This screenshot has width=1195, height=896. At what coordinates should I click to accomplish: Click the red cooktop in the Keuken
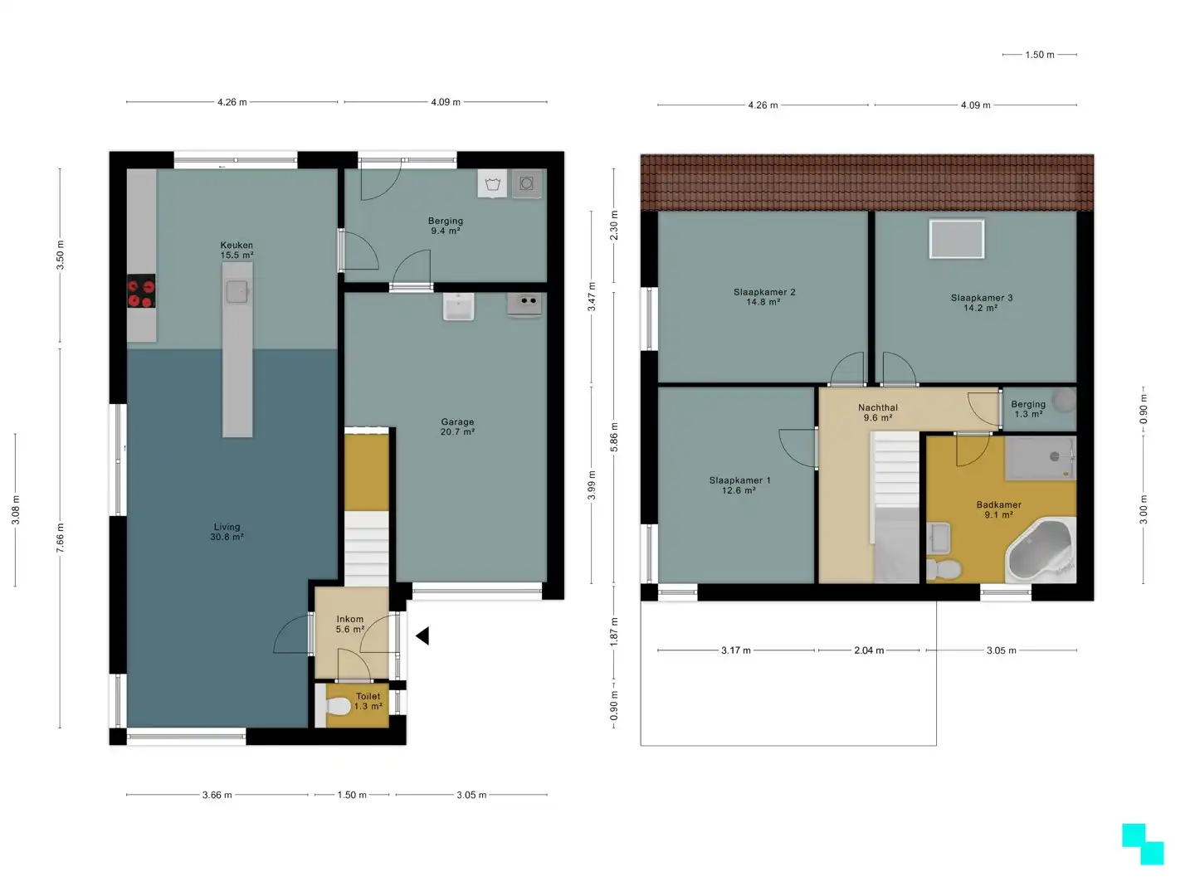(141, 291)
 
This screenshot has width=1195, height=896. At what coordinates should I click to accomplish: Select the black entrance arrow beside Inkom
(422, 635)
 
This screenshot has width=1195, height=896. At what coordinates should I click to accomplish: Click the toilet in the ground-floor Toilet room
(338, 706)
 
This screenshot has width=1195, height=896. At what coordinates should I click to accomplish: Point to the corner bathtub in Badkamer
(1041, 551)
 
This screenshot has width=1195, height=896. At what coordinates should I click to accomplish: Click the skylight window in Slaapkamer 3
(957, 239)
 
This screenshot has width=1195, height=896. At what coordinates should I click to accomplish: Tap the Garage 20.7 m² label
(457, 426)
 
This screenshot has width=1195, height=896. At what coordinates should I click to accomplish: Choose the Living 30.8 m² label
(227, 532)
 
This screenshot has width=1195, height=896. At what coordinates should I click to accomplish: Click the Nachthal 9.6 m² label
(878, 412)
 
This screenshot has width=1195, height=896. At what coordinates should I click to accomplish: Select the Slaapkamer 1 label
(739, 480)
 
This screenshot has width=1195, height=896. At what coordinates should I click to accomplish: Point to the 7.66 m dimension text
(60, 538)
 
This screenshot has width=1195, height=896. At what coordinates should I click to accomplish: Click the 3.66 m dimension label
(217, 795)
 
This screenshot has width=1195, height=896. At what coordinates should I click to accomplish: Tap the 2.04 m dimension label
(869, 650)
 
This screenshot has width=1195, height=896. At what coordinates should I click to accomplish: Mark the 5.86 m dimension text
(613, 437)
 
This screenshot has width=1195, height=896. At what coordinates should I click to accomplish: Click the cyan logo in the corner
(1143, 844)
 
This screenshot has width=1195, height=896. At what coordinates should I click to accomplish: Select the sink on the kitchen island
(237, 291)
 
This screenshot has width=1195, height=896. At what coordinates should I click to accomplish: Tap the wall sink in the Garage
(458, 307)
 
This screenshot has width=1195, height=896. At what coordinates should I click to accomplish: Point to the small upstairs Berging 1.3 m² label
(1028, 409)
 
